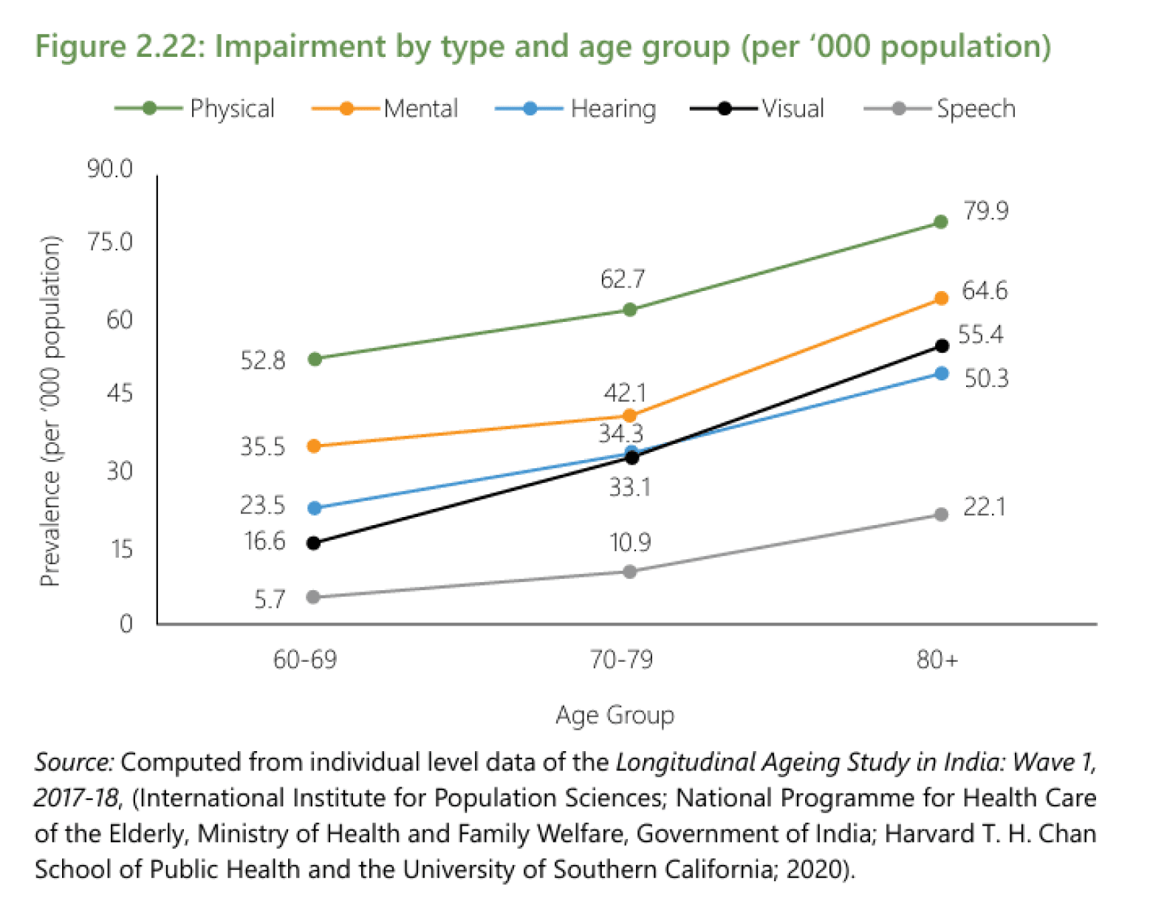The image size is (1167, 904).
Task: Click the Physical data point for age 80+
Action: [x=940, y=222]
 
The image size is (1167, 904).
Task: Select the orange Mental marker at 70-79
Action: [x=629, y=416]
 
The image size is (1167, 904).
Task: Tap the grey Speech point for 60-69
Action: [x=313, y=597]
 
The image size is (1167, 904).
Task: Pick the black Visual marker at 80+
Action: [x=942, y=346]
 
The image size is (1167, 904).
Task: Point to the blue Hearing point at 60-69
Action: [x=314, y=508]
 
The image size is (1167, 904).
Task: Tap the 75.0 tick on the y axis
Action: [x=110, y=242]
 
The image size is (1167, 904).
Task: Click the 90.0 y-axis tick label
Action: [x=110, y=169]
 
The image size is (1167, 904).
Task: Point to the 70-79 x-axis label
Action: [x=621, y=659]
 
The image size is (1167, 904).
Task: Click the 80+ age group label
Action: [x=937, y=659]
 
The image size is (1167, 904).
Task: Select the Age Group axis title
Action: [x=615, y=715]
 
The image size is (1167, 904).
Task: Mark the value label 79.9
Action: [x=985, y=211]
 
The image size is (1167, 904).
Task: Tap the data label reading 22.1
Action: [x=984, y=507]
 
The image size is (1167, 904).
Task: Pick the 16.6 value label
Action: [x=264, y=541]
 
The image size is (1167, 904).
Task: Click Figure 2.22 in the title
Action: [x=117, y=47]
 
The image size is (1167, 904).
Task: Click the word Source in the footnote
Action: [x=73, y=762]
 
